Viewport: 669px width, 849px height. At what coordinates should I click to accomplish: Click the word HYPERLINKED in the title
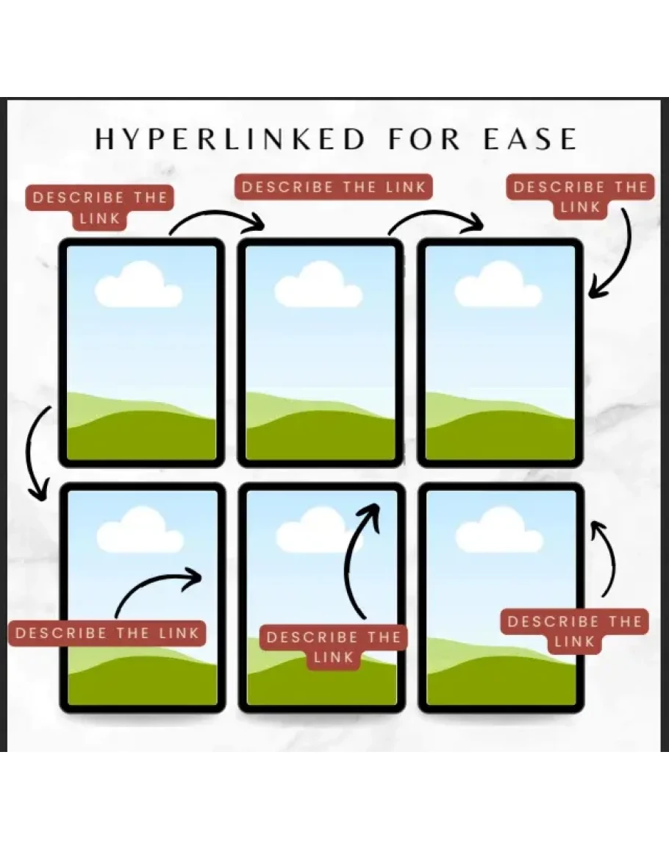[230, 139]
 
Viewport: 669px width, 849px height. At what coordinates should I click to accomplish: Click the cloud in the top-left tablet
[138, 286]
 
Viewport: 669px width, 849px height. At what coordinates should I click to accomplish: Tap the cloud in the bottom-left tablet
[140, 531]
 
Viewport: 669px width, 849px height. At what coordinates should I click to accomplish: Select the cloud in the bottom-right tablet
[499, 531]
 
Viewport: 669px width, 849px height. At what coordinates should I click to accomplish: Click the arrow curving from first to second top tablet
[217, 219]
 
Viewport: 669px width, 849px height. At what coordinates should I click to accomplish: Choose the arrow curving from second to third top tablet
[435, 219]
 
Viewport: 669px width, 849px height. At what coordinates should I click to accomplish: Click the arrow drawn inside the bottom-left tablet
[158, 590]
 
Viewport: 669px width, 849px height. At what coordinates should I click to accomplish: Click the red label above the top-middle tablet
[334, 187]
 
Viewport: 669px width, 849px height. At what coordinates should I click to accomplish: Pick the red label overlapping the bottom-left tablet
[107, 633]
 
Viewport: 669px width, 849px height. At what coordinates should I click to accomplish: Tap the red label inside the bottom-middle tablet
[333, 647]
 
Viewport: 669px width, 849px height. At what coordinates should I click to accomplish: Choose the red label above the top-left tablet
[101, 207]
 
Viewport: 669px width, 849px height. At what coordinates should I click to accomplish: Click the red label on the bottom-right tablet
[575, 631]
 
